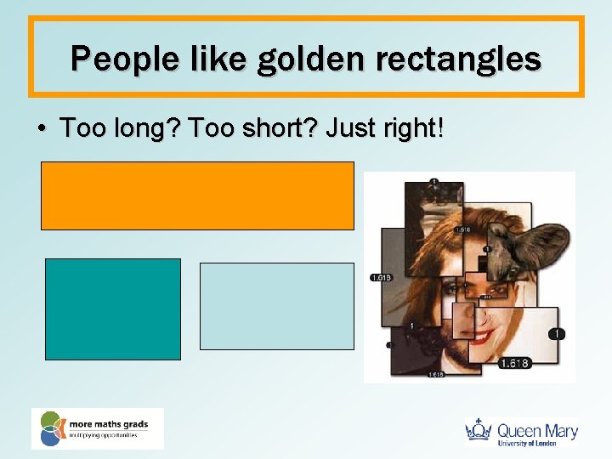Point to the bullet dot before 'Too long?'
click(42, 129)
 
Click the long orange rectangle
click(197, 195)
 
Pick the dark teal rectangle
click(112, 309)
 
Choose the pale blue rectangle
click(276, 306)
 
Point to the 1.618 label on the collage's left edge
click(380, 277)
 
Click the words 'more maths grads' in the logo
click(110, 422)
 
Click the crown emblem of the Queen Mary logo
click(480, 430)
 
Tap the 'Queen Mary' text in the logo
click(537, 429)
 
